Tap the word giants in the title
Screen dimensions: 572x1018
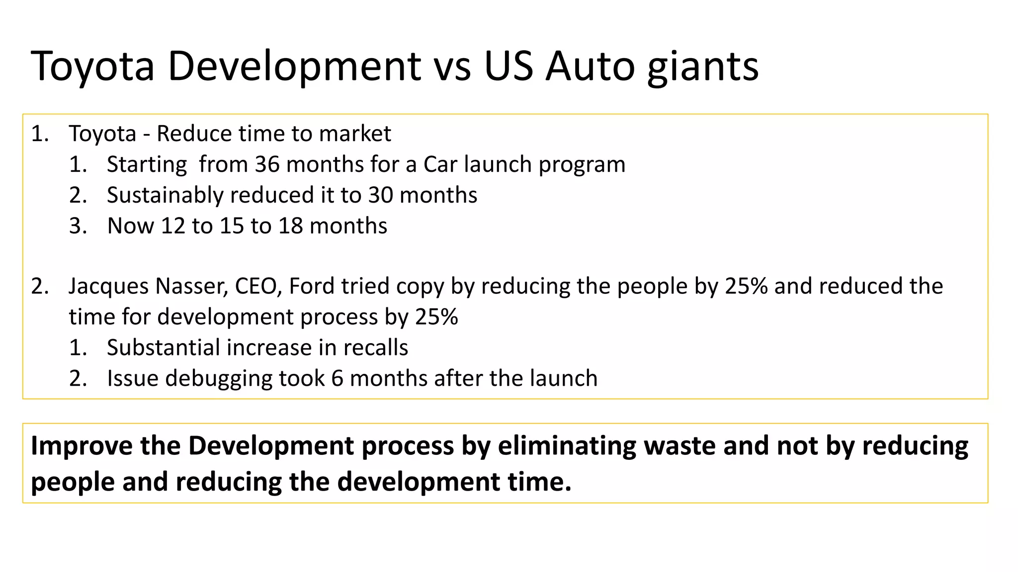tap(703, 66)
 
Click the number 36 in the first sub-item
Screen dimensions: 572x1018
tap(267, 164)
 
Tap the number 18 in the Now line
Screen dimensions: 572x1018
tap(290, 226)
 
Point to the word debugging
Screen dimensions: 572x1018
tap(218, 378)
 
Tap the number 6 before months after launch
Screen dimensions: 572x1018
tap(338, 378)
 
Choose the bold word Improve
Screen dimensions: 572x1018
tap(82, 445)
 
